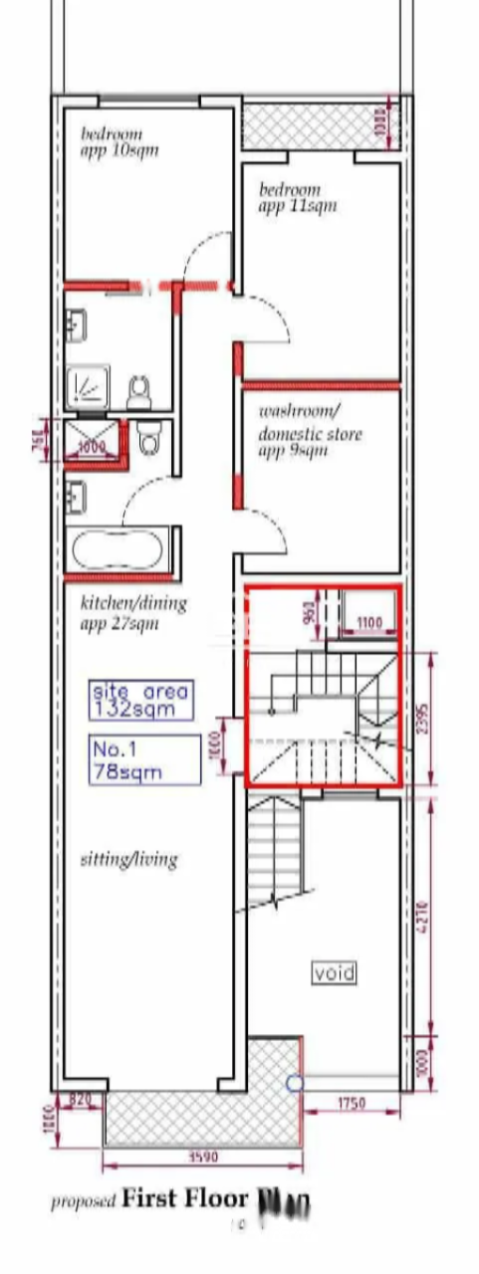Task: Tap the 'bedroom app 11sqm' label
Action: coord(297,197)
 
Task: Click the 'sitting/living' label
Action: coord(128,858)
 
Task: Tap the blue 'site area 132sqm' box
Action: coord(140,699)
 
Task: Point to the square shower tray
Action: coord(88,387)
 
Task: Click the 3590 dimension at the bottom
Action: coord(203,1157)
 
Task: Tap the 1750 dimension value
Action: coord(352,1103)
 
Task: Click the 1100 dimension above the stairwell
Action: coord(368,622)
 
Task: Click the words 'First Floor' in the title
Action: coord(184,1198)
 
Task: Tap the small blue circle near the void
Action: coord(294,1083)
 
